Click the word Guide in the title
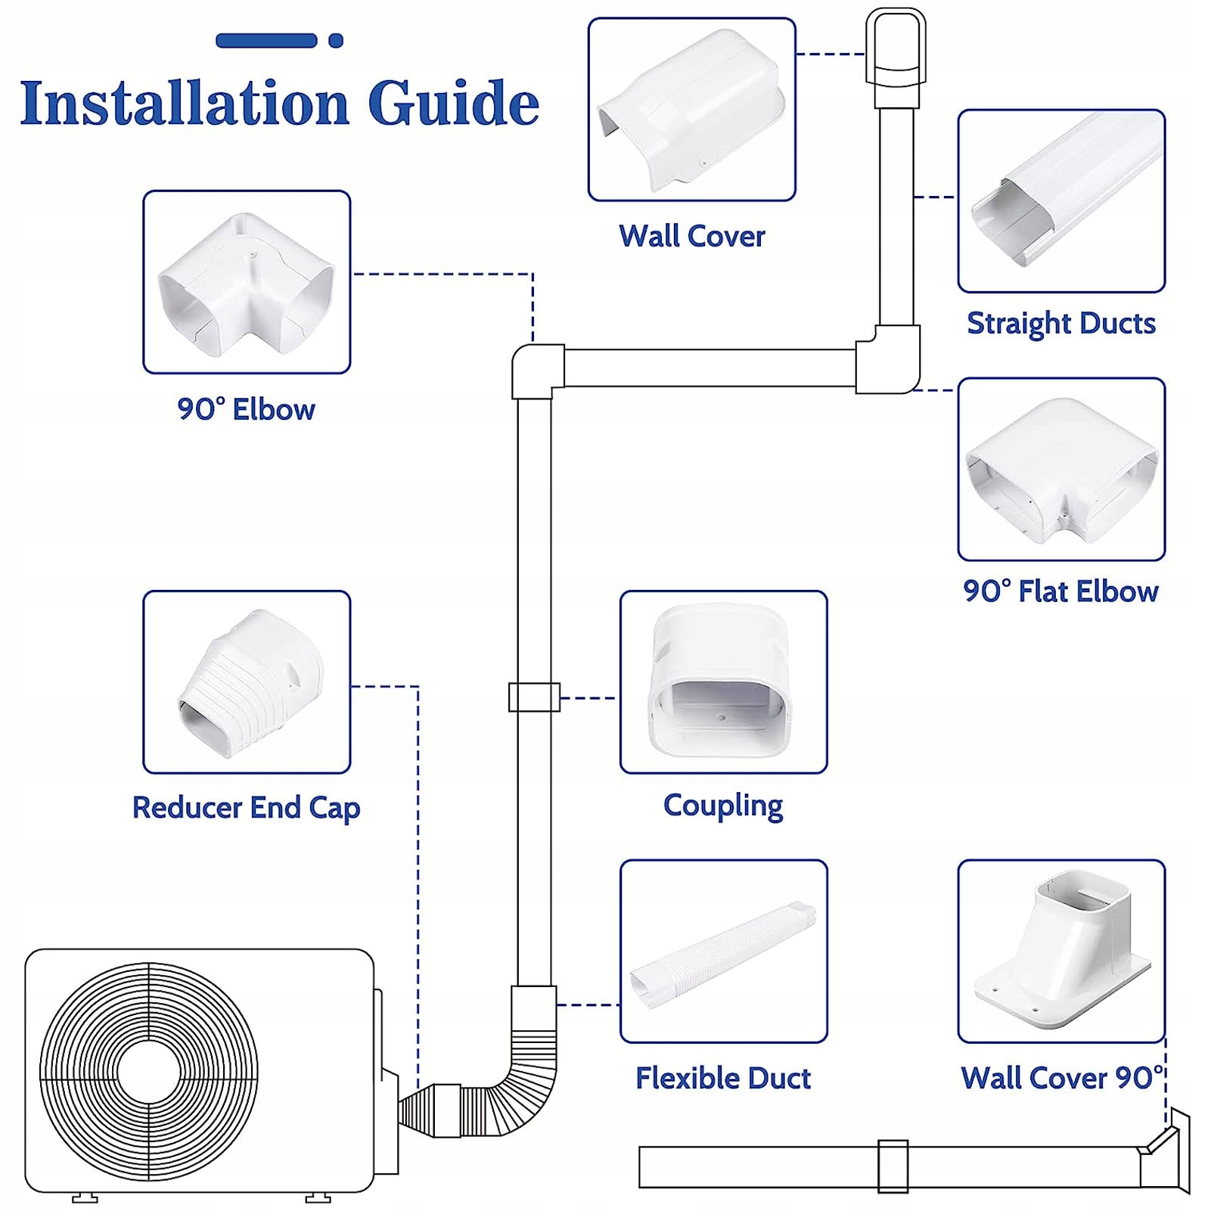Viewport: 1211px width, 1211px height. point(454,103)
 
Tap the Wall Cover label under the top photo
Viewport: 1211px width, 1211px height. point(691,236)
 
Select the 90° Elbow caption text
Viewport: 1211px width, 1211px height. point(246,409)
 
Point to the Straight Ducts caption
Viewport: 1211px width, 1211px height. point(1060,323)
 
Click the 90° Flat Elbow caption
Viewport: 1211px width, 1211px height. point(1060,592)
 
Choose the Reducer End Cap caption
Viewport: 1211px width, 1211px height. point(246,808)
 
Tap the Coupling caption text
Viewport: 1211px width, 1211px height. point(723,806)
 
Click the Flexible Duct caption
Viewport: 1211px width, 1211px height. point(722,1078)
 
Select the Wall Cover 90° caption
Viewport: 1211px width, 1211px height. point(1061,1078)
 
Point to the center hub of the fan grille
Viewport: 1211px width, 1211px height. point(149,1071)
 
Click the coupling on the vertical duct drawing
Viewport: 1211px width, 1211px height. point(534,697)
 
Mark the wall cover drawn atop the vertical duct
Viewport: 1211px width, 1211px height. point(896,49)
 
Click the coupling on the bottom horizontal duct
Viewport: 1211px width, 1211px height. point(893,1166)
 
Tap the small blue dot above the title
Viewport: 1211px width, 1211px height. point(336,41)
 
